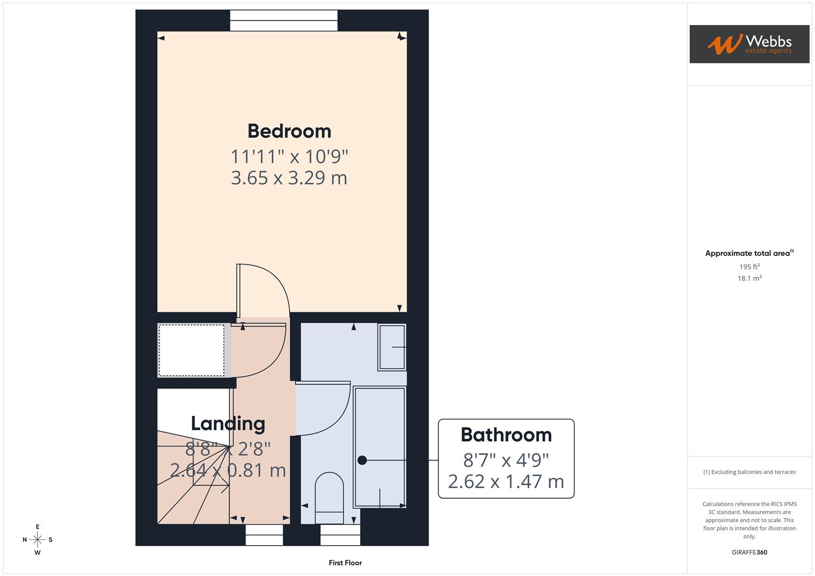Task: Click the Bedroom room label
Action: coord(289,131)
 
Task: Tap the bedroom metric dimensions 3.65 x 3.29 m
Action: coord(289,178)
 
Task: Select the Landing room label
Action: coord(228,423)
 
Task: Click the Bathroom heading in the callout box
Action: coord(506,435)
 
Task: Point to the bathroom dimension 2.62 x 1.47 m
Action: coord(506,482)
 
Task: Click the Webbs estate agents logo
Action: coord(749,44)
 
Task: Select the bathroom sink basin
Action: coord(392,347)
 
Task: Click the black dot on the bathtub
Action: coord(362,460)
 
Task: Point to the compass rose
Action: coord(37,540)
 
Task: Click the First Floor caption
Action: coord(345,563)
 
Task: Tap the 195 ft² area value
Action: coord(749,267)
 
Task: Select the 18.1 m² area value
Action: coord(749,278)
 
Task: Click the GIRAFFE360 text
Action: coord(749,553)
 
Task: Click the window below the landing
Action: coord(264,534)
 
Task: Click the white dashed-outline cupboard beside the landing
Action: coord(191,350)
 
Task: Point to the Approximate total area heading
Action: coord(749,253)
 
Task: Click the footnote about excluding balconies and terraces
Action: coord(749,472)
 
